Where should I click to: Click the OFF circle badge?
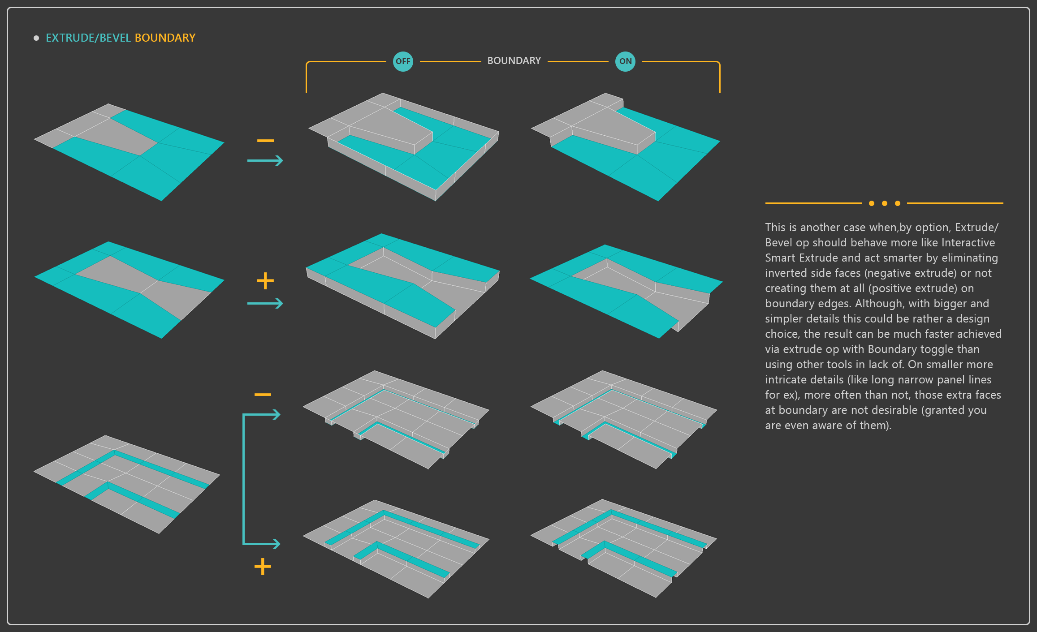click(402, 61)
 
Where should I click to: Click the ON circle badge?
click(625, 61)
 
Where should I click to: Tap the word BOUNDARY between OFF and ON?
click(514, 61)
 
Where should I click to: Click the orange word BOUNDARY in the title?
click(165, 38)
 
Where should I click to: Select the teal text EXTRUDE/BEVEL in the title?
click(88, 38)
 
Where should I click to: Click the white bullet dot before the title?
click(36, 38)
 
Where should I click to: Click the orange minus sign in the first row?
click(265, 141)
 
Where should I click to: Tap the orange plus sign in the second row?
click(265, 281)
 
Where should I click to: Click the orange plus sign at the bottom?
click(263, 567)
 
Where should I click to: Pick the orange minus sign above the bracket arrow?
click(263, 395)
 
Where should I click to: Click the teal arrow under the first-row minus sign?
click(265, 160)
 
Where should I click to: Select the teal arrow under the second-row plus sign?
click(265, 304)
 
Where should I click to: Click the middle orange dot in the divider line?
click(884, 203)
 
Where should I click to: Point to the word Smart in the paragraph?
click(780, 258)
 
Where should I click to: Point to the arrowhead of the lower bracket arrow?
click(277, 544)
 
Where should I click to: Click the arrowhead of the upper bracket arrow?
click(277, 415)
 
